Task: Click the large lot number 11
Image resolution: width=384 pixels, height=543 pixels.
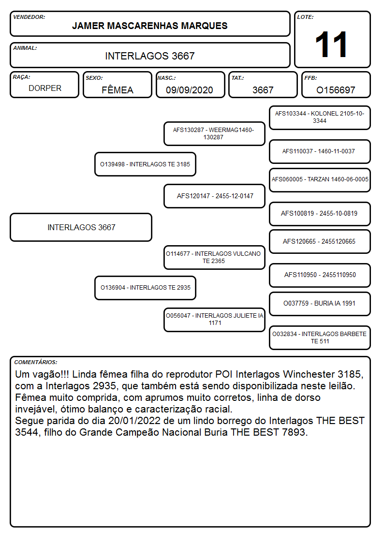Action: point(331,44)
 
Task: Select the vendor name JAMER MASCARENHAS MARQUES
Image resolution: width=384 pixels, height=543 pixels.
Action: point(149,26)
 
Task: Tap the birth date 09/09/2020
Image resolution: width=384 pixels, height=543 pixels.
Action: point(190,90)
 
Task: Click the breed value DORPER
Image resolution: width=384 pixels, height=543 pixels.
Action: point(45,88)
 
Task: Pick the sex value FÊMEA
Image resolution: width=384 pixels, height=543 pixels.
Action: point(118,89)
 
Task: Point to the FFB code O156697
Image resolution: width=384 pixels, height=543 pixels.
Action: point(336,90)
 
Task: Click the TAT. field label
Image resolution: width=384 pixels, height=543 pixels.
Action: point(237,78)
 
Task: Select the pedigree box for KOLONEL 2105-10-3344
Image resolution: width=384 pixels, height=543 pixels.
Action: point(320,118)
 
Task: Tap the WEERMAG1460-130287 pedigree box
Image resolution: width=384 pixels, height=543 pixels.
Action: point(214,133)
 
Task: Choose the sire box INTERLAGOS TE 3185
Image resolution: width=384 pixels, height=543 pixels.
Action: point(145,164)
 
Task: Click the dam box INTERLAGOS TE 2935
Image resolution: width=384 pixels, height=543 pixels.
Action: point(145,288)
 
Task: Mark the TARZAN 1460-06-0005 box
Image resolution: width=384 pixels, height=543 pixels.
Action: point(320,180)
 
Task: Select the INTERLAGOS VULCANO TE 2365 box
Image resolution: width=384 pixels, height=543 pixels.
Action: point(214,257)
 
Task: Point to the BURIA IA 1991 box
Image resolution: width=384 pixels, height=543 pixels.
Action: point(320,304)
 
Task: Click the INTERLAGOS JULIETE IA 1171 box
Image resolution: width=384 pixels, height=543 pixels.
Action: point(214,320)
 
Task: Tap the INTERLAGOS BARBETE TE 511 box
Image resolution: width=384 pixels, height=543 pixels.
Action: point(320,338)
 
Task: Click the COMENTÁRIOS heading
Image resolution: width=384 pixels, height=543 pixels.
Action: point(36,362)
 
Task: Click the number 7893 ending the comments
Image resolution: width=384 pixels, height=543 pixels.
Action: point(295,432)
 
